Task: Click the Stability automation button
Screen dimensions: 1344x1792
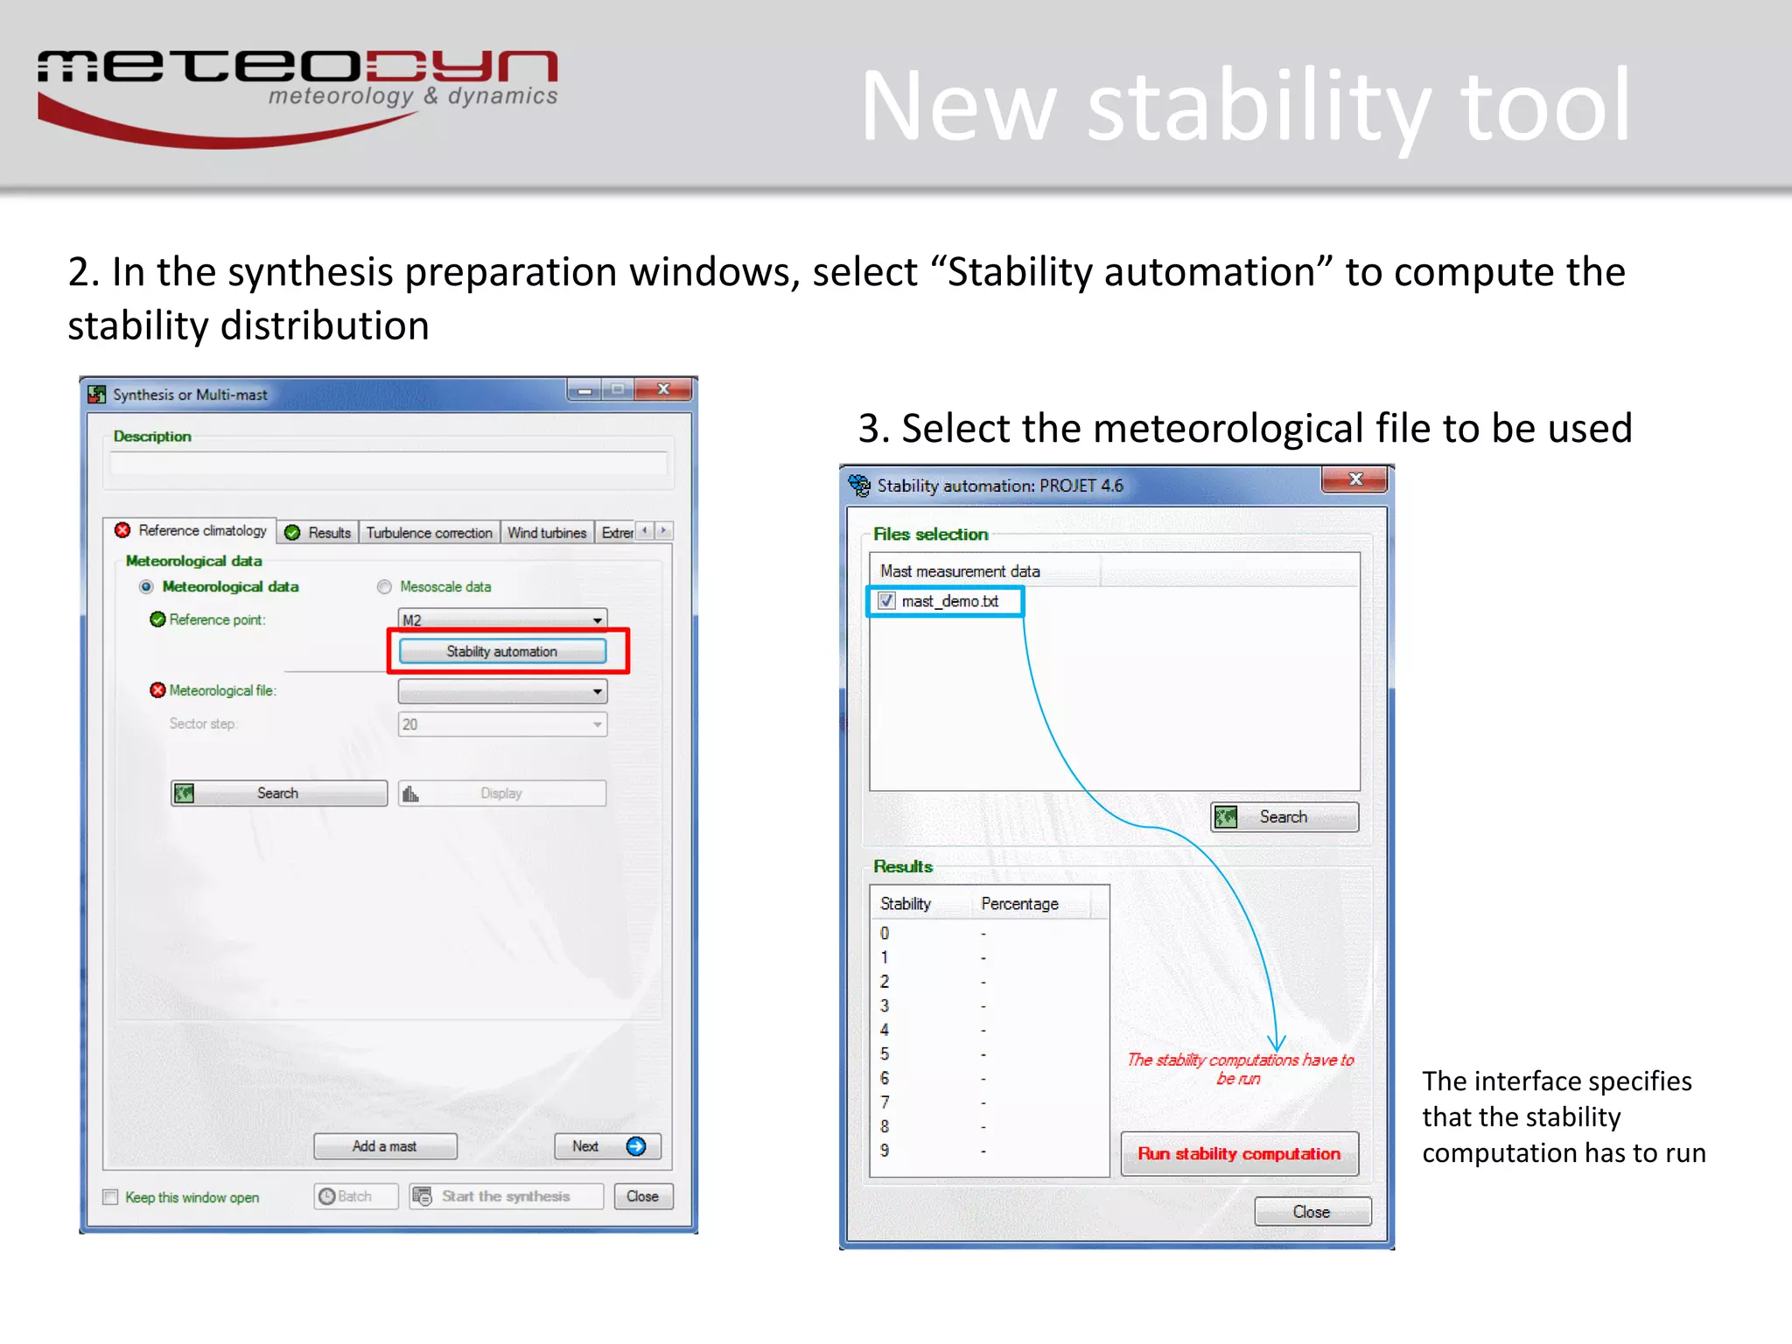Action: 501,651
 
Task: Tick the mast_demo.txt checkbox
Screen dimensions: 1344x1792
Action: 886,601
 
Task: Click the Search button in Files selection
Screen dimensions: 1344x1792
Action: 1284,816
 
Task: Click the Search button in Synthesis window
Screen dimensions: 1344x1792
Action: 278,793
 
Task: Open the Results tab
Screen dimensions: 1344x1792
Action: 318,532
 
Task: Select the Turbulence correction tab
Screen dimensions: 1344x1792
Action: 429,532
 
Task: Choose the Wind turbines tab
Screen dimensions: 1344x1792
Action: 546,532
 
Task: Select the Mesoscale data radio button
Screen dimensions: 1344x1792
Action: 384,587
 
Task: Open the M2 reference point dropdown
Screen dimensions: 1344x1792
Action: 597,619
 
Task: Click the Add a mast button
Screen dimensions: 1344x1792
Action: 385,1146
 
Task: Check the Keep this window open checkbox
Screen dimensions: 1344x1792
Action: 111,1197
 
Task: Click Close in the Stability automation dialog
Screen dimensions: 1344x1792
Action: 1311,1212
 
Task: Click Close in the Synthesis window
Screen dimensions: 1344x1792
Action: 642,1196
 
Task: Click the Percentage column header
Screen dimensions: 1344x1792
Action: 1019,904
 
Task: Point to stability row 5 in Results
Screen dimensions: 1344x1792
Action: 885,1053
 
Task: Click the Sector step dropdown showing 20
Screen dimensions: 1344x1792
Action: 502,724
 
